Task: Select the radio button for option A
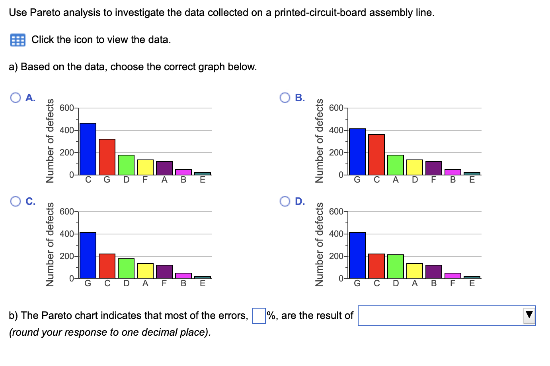[16, 98]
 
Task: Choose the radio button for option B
[285, 98]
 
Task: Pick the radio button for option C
[16, 201]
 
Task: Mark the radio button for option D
[285, 201]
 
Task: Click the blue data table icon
[18, 40]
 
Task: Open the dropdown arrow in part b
[529, 315]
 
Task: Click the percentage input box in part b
[259, 316]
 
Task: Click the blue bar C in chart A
[88, 149]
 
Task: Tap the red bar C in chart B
[376, 154]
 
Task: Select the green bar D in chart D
[396, 266]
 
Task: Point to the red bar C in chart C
[107, 266]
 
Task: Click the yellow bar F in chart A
[145, 167]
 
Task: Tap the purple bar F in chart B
[434, 168]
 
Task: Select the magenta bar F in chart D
[453, 275]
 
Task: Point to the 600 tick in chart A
[66, 108]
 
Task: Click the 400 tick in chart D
[336, 234]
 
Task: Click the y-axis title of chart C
[50, 244]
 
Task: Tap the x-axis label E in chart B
[472, 180]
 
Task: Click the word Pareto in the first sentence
[45, 13]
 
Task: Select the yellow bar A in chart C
[145, 271]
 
